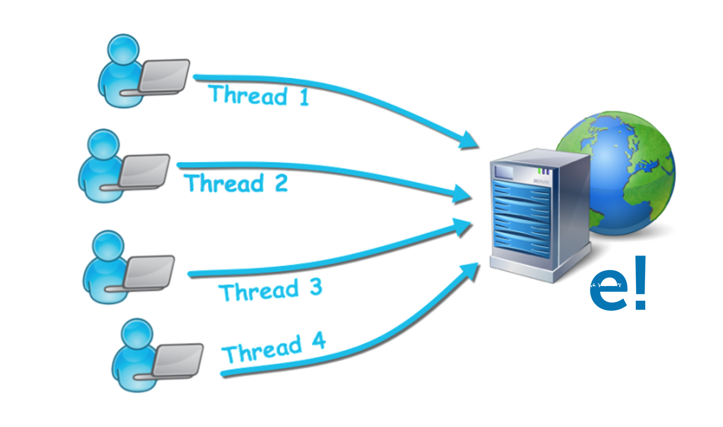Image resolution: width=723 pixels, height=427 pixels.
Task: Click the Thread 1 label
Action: pos(260,95)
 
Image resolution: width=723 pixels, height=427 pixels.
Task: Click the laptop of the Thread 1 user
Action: pos(164,75)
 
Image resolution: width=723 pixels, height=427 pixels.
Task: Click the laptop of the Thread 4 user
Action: pos(178,360)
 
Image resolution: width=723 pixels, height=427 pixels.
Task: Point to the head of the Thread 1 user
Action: pos(123,48)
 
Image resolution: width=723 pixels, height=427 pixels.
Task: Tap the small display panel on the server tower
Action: pos(504,171)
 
